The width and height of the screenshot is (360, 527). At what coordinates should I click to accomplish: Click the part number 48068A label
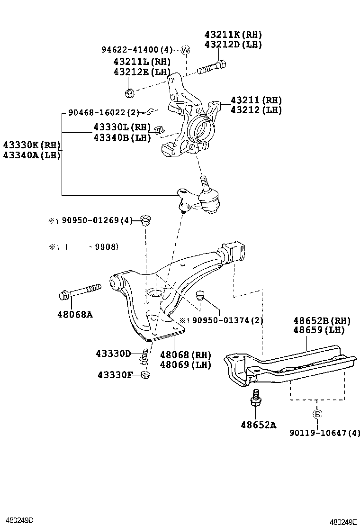75,313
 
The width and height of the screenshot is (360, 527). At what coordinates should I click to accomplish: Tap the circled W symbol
185,50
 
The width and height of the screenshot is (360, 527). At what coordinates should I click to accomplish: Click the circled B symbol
317,414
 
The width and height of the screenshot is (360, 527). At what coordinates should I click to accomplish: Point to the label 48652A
258,425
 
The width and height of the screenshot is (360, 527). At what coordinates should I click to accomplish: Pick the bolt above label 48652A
255,398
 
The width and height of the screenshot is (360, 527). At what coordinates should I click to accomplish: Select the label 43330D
113,354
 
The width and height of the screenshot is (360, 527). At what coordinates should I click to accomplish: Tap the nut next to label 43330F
146,375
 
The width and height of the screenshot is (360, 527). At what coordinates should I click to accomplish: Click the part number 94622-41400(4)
138,50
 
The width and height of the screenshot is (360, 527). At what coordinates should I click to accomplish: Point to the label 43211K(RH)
233,35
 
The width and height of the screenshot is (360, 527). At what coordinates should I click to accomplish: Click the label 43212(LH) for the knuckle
256,110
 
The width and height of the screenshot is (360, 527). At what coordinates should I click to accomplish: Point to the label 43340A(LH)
32,154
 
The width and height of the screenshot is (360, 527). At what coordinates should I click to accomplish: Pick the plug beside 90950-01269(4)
147,221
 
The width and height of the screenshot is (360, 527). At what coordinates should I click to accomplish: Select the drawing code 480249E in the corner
343,522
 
